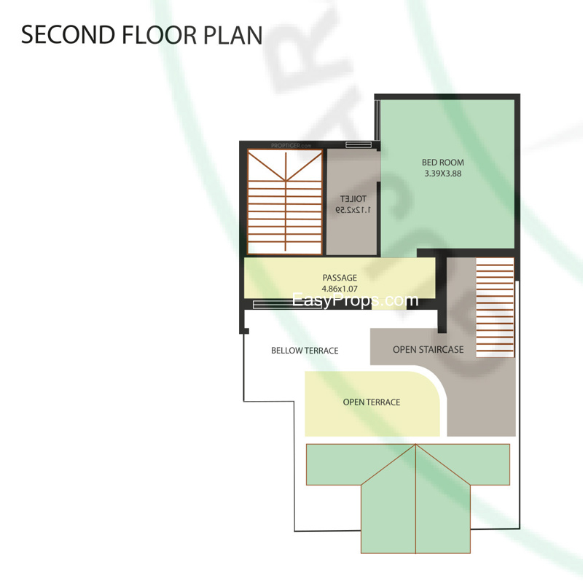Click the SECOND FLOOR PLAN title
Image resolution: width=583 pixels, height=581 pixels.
[141, 34]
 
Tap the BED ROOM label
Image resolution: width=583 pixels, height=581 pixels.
[442, 163]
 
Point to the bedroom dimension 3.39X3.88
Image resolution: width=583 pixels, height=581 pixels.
[442, 174]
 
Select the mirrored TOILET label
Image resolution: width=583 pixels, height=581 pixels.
[353, 198]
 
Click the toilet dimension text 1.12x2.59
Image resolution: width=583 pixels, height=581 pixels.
[353, 210]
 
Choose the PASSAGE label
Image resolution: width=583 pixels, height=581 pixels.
[340, 278]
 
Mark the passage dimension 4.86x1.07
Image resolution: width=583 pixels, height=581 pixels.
[340, 289]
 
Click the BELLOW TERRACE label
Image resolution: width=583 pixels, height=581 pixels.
[305, 351]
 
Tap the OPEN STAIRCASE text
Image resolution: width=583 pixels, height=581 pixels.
[428, 350]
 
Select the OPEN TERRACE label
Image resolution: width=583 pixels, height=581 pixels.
[371, 402]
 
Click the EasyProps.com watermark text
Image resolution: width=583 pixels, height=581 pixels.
[355, 300]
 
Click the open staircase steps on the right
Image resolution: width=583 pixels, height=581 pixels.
[495, 305]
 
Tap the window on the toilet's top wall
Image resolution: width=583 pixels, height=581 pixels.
[359, 144]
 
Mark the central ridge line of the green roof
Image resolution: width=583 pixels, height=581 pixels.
[415, 503]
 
